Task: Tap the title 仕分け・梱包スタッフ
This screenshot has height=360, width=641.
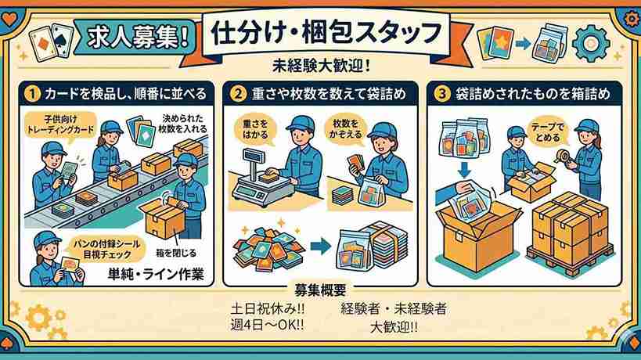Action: [x=326, y=33]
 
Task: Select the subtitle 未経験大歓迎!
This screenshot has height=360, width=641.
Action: [x=322, y=66]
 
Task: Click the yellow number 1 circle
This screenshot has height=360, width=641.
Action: [x=32, y=94]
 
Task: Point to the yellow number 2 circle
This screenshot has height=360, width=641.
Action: [x=237, y=94]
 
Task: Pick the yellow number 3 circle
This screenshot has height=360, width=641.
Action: [x=441, y=94]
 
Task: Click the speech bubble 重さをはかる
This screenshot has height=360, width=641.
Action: [x=255, y=129]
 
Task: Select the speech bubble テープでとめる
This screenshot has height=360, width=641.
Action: [x=547, y=132]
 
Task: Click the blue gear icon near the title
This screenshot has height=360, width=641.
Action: [x=591, y=43]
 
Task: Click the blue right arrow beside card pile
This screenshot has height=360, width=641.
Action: [x=321, y=246]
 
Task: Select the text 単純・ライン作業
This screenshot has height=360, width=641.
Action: [x=156, y=273]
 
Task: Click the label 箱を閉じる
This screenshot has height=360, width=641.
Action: [x=176, y=253]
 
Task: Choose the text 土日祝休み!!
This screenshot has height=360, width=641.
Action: [x=268, y=308]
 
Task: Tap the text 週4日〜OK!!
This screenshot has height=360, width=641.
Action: [x=267, y=325]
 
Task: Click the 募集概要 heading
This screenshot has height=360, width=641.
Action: [x=320, y=290]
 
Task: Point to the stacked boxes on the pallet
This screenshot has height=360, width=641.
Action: [x=571, y=231]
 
